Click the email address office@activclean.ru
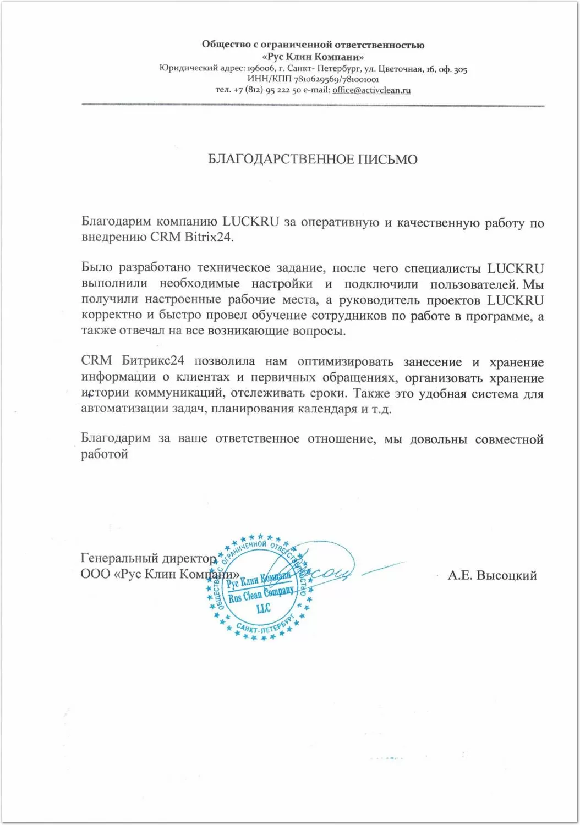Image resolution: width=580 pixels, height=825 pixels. [x=371, y=90]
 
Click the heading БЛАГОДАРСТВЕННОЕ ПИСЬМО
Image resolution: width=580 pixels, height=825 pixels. [x=313, y=159]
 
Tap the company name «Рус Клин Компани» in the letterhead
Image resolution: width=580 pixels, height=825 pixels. [x=313, y=57]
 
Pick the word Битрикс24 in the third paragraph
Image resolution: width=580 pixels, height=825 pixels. [x=153, y=361]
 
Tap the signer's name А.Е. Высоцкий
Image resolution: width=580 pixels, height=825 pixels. [x=492, y=575]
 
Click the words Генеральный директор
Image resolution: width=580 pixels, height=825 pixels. [x=149, y=558]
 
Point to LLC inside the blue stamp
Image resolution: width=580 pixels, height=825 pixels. [x=263, y=608]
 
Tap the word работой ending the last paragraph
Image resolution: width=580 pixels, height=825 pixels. [x=105, y=454]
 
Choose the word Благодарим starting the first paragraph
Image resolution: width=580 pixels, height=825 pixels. [x=116, y=222]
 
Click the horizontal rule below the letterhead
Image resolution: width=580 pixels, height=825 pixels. [x=313, y=105]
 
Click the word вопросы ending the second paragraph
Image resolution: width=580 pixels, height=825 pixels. [x=322, y=331]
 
